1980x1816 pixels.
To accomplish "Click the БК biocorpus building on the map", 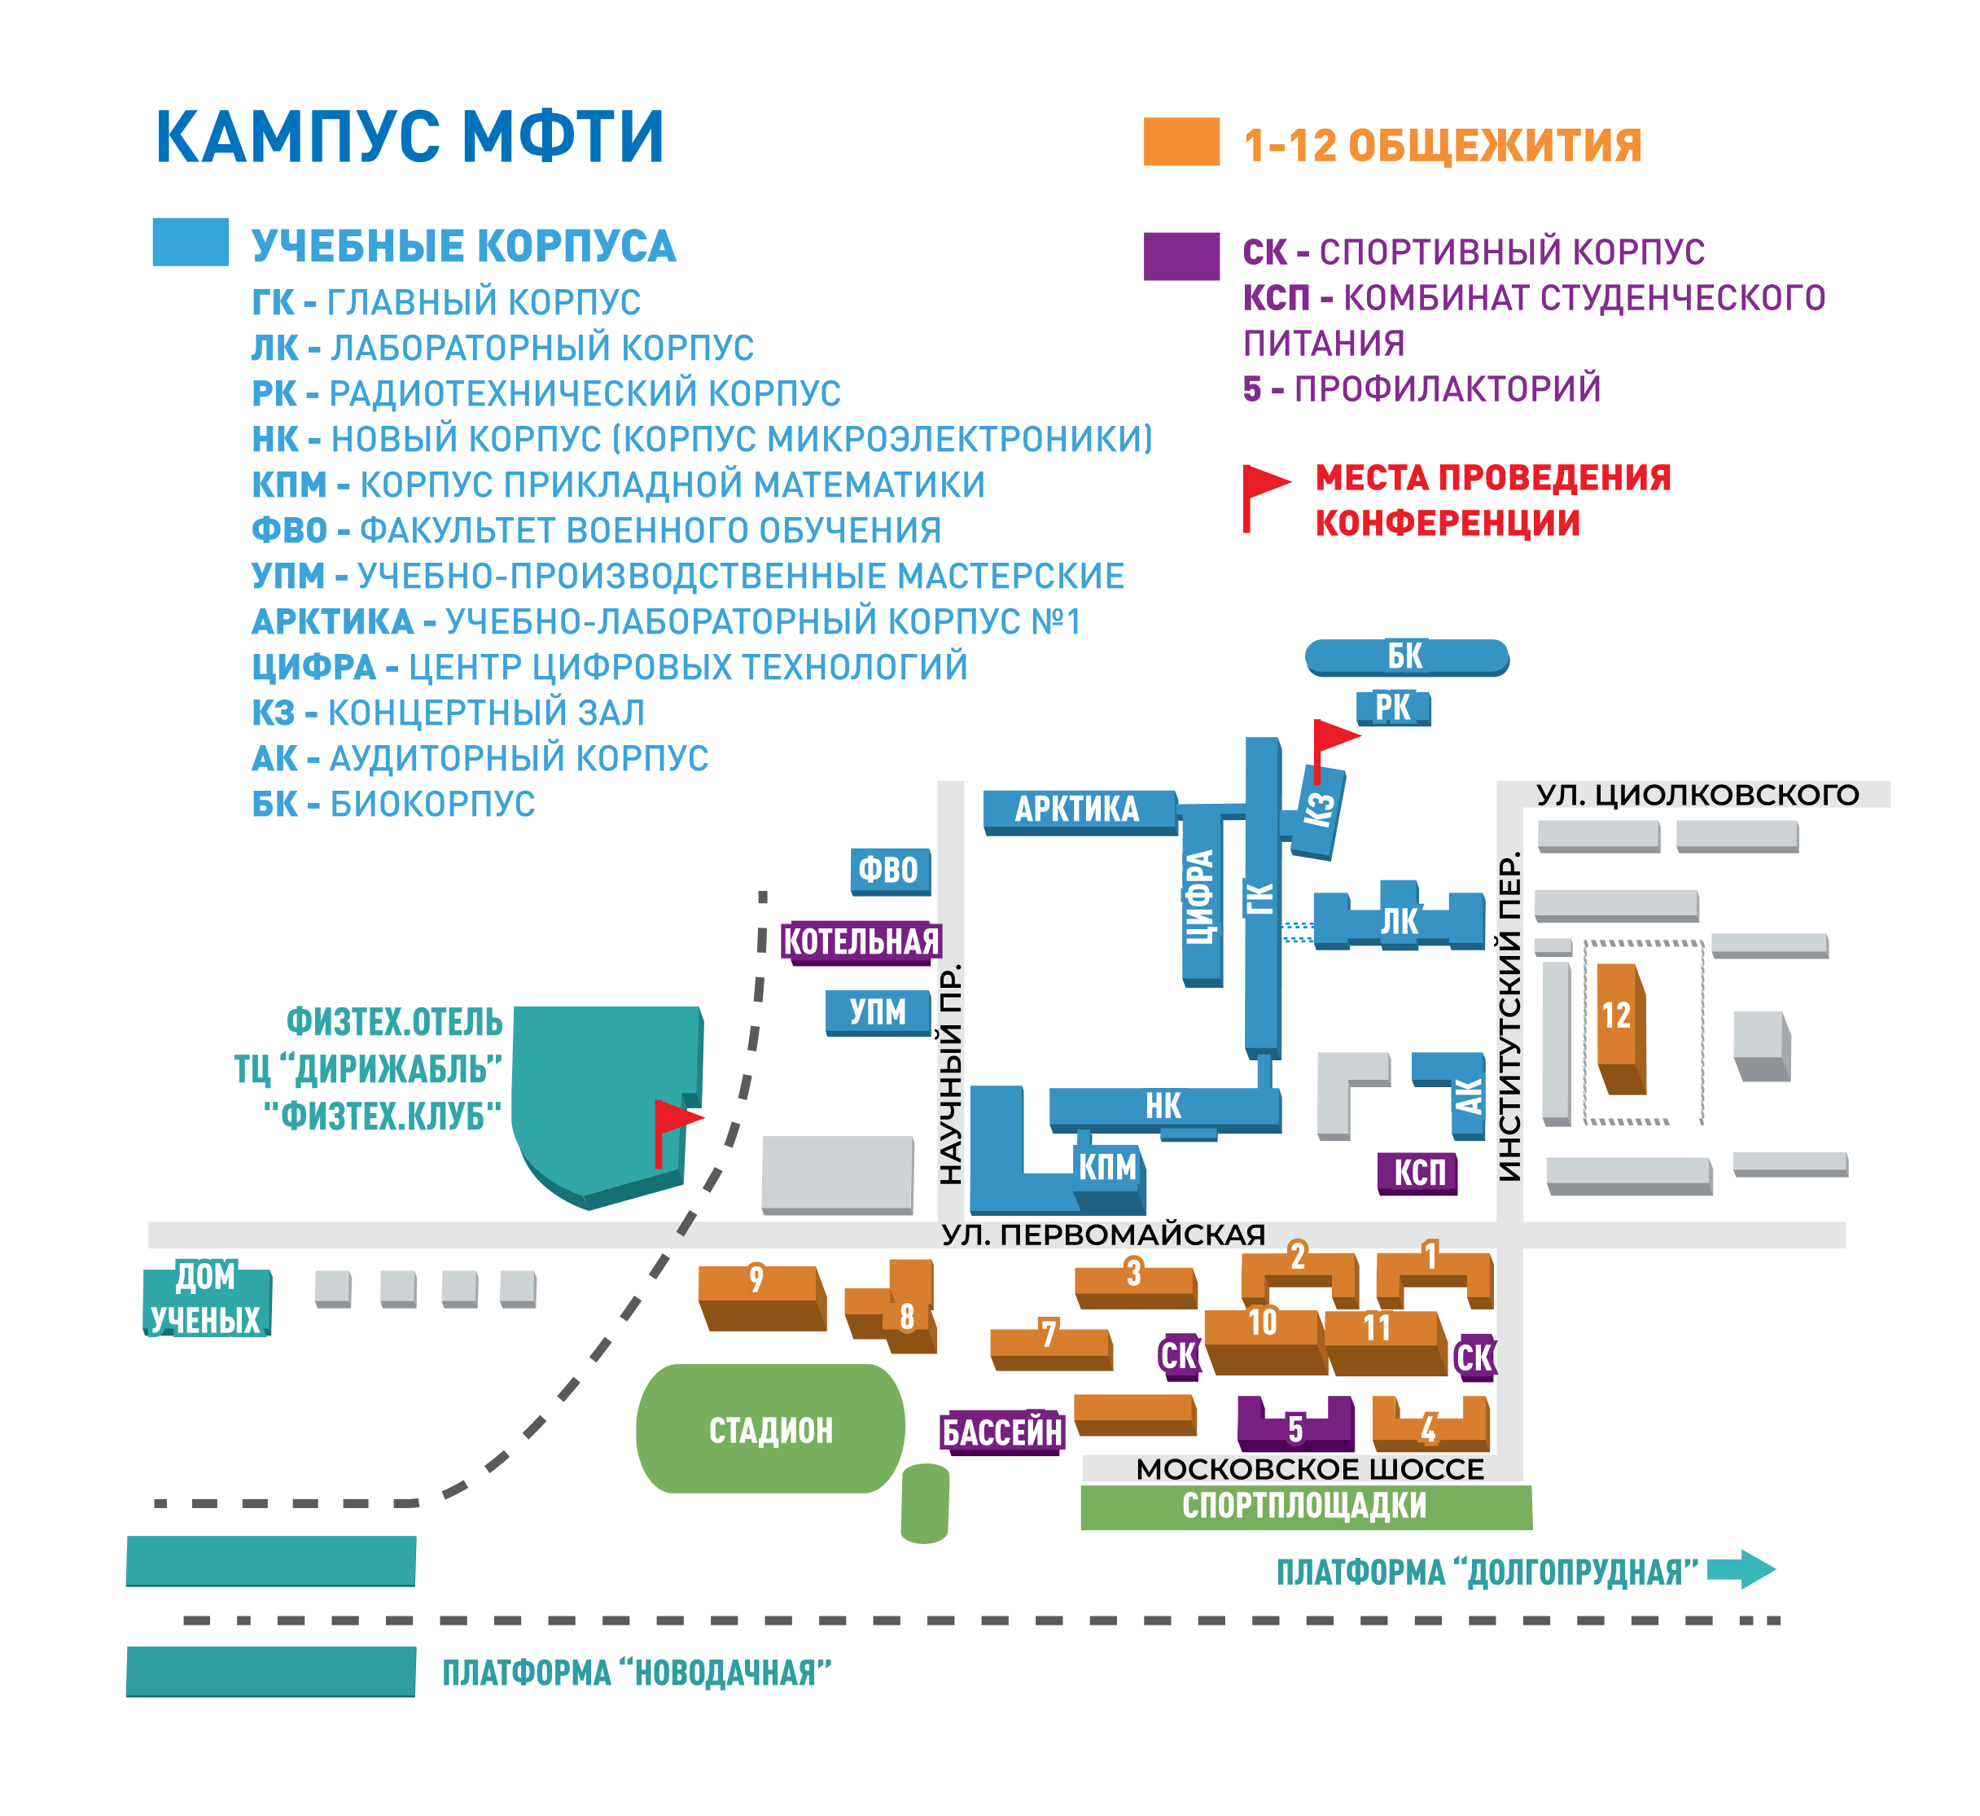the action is (1406, 657).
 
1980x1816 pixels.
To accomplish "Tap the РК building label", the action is (1393, 708).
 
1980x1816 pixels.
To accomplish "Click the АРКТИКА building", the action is (1080, 812).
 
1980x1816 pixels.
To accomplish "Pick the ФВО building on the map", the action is (890, 871).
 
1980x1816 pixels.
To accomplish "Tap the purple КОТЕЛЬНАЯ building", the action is (861, 943).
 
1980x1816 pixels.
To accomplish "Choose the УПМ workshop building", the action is (878, 1013).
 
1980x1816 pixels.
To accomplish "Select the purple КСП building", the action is (1418, 1173).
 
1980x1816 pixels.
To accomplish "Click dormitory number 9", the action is (760, 1297).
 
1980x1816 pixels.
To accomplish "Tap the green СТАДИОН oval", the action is (770, 1430).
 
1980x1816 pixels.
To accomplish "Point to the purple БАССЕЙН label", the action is (1002, 1432).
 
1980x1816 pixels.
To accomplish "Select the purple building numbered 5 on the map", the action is (1295, 1424).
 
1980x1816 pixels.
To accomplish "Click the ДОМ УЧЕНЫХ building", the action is (206, 1301).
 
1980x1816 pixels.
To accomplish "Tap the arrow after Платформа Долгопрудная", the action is (1741, 1569).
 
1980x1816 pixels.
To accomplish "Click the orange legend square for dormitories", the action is (1181, 142).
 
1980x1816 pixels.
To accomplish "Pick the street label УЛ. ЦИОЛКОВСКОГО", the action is (1698, 795).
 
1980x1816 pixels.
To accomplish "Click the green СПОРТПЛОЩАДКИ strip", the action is (1306, 1507).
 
